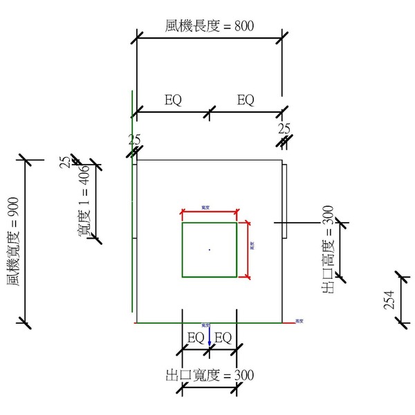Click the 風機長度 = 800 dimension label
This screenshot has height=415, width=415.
coord(210,26)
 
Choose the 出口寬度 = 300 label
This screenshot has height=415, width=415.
coord(210,376)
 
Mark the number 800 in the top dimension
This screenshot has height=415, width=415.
coord(244,26)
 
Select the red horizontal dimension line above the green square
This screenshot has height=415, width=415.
coord(210,212)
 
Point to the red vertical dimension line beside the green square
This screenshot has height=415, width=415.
coord(247,250)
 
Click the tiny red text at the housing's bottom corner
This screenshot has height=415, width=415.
coord(299,321)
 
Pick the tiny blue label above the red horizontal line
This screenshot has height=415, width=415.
coord(206,207)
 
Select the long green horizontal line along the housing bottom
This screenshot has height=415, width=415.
coord(207,323)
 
